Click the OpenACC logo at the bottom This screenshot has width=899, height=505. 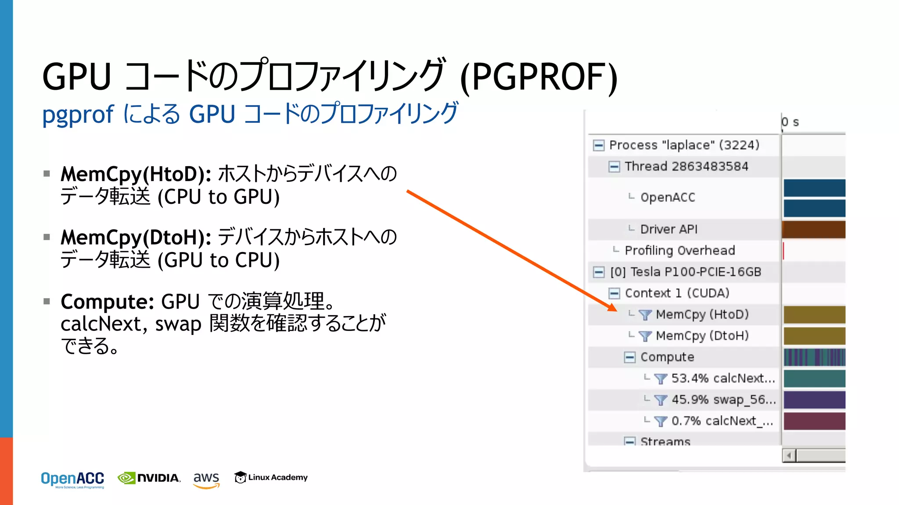pyautogui.click(x=72, y=479)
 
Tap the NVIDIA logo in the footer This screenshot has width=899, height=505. pyautogui.click(x=149, y=478)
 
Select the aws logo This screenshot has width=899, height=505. pyautogui.click(x=206, y=479)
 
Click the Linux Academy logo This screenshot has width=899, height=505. pyautogui.click(x=271, y=477)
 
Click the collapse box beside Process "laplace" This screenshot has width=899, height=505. pyautogui.click(x=598, y=145)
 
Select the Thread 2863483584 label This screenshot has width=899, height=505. pyautogui.click(x=686, y=167)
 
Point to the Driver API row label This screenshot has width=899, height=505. pyautogui.click(x=669, y=229)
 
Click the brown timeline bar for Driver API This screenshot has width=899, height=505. pyautogui.click(x=814, y=230)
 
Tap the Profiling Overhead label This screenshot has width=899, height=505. pyautogui.click(x=680, y=250)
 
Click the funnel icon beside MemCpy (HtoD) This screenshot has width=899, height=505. pyautogui.click(x=645, y=315)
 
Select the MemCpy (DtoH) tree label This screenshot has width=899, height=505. pyautogui.click(x=702, y=336)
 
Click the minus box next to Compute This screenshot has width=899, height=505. pyautogui.click(x=629, y=357)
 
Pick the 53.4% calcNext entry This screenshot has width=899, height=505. pyautogui.click(x=723, y=378)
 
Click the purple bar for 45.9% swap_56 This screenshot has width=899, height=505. pyautogui.click(x=814, y=400)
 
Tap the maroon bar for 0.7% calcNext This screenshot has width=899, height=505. pyautogui.click(x=814, y=421)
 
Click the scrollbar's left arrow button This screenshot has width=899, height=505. pyautogui.click(x=789, y=456)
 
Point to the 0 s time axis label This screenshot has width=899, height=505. pyautogui.click(x=790, y=122)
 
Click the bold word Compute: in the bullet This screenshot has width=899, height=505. pyautogui.click(x=107, y=302)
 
